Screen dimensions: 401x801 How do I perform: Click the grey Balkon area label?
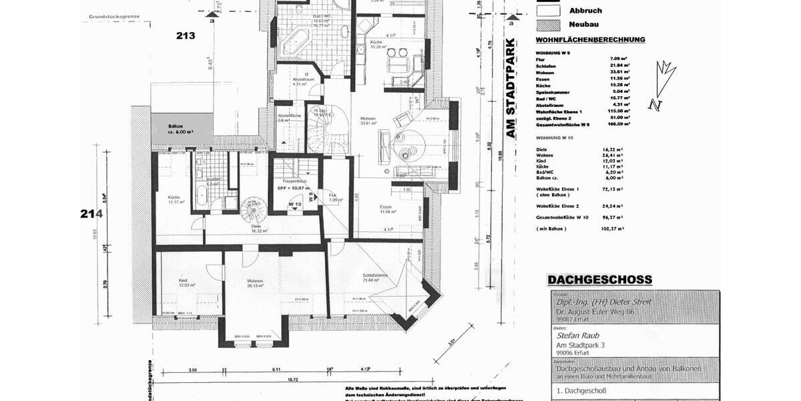(181, 128)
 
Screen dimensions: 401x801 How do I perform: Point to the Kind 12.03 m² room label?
(188, 283)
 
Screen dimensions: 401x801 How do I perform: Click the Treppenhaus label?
(294, 181)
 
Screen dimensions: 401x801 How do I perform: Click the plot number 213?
(186, 35)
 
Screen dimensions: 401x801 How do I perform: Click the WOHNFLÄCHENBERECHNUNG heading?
(590, 39)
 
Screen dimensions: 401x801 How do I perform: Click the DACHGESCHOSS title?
(599, 280)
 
